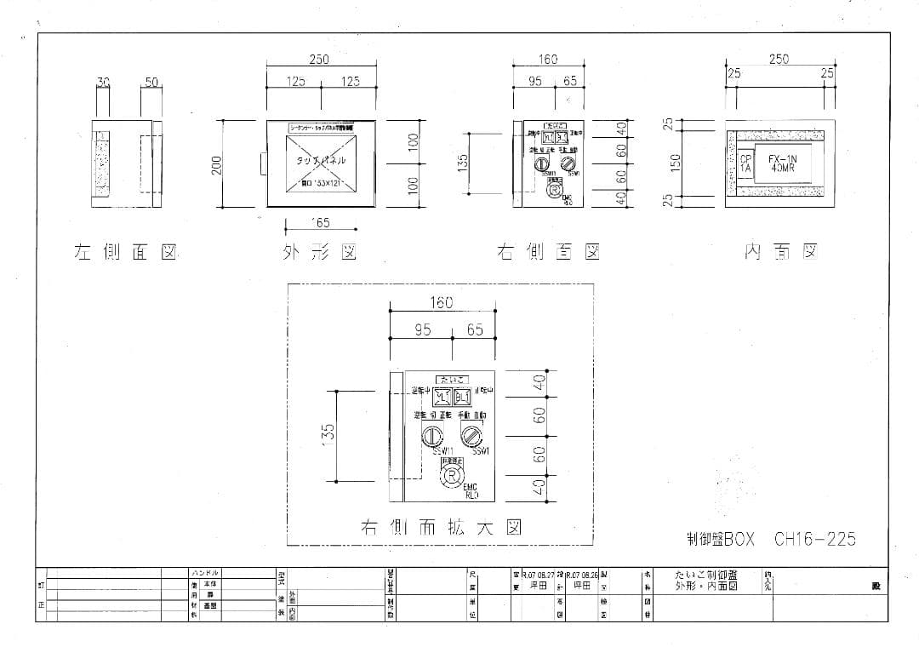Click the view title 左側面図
pyautogui.click(x=126, y=252)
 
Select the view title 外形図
pyautogui.click(x=319, y=252)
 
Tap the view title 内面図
pyautogui.click(x=780, y=252)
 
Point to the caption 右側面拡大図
pyautogui.click(x=440, y=528)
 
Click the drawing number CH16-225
pyautogui.click(x=814, y=539)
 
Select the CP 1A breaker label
pyautogui.click(x=745, y=163)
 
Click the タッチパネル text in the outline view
pyautogui.click(x=321, y=160)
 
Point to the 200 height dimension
pyautogui.click(x=218, y=164)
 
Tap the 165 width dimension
pyautogui.click(x=321, y=223)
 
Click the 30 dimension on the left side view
pyautogui.click(x=104, y=83)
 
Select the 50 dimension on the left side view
pyautogui.click(x=151, y=83)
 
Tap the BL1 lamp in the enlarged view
pyautogui.click(x=462, y=397)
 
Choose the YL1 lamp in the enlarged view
pyautogui.click(x=442, y=397)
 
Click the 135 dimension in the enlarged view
pyautogui.click(x=329, y=432)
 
